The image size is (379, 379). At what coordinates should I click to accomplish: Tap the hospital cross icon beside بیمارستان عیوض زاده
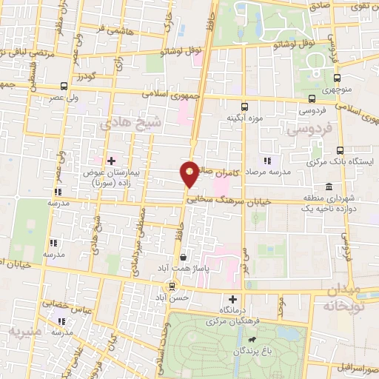pos(111,160)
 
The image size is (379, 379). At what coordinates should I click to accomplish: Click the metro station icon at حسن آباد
pos(172,286)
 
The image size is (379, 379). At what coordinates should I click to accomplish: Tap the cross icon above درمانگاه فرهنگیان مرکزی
pos(233,299)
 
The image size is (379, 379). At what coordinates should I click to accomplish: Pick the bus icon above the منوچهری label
pos(338,78)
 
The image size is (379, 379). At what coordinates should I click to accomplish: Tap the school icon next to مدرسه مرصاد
pos(268,160)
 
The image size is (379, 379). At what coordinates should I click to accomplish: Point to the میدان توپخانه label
pos(352,296)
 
